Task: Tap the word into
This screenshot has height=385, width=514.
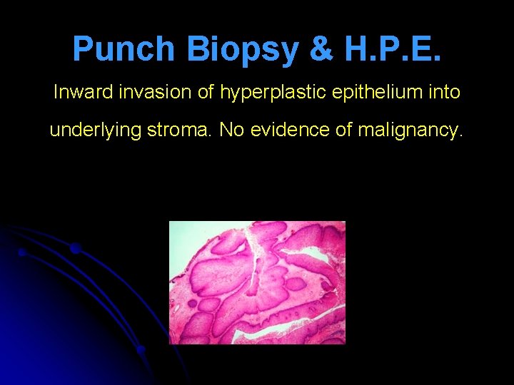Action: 443,93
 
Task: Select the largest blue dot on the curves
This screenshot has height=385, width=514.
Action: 75,248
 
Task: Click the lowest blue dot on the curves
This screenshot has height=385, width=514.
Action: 141,349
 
